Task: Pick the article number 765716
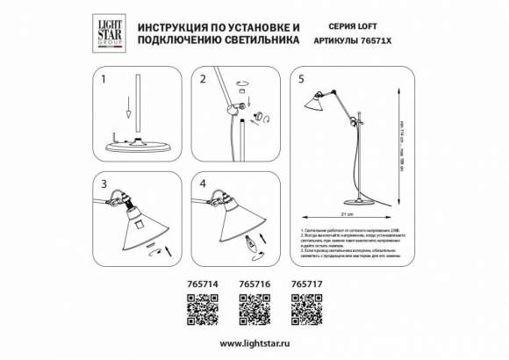click(x=254, y=284)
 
